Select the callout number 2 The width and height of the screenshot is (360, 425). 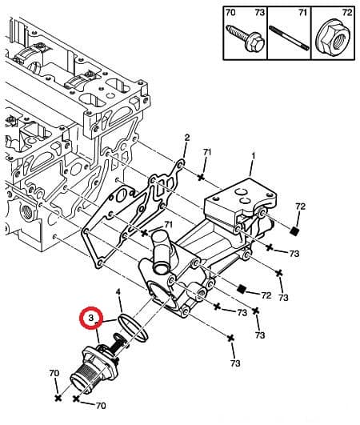pos(186,137)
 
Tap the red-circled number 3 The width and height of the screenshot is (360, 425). pos(93,319)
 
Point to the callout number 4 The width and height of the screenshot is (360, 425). pos(118,293)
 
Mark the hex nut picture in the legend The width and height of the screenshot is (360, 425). pos(334,36)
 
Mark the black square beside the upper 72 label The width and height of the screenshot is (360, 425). pos(294,232)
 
